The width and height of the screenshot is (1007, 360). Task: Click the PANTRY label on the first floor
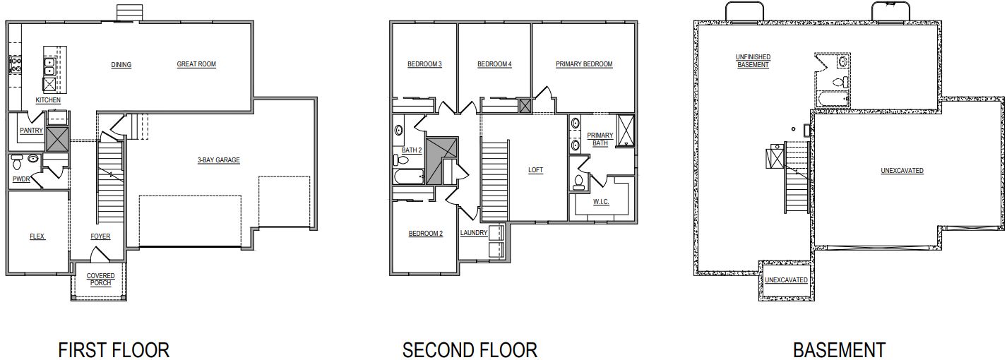point(31,131)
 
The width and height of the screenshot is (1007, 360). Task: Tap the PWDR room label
point(20,179)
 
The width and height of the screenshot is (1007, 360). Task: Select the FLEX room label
point(37,236)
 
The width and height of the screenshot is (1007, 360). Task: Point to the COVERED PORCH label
point(100,279)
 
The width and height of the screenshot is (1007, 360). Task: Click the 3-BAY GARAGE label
point(218,160)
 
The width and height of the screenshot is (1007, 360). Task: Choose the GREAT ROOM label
point(196,64)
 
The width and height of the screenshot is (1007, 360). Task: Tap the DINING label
point(121,65)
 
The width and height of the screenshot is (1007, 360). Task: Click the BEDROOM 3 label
point(424,64)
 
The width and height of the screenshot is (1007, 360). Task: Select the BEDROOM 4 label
point(494,64)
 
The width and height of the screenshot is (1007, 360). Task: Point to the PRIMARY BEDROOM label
point(584,64)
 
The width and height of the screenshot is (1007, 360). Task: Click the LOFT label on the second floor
point(536,170)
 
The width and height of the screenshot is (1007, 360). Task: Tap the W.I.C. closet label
point(601,202)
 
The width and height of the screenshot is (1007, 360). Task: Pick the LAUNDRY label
point(474,233)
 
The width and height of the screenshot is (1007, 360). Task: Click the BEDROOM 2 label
point(425,234)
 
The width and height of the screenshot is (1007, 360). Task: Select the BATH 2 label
point(412,150)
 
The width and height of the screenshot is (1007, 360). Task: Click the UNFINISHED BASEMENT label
point(753,61)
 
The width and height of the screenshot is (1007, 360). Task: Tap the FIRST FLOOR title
point(114,349)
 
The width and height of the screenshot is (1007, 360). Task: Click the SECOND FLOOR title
point(470,349)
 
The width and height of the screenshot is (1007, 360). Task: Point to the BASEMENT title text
point(839,349)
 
